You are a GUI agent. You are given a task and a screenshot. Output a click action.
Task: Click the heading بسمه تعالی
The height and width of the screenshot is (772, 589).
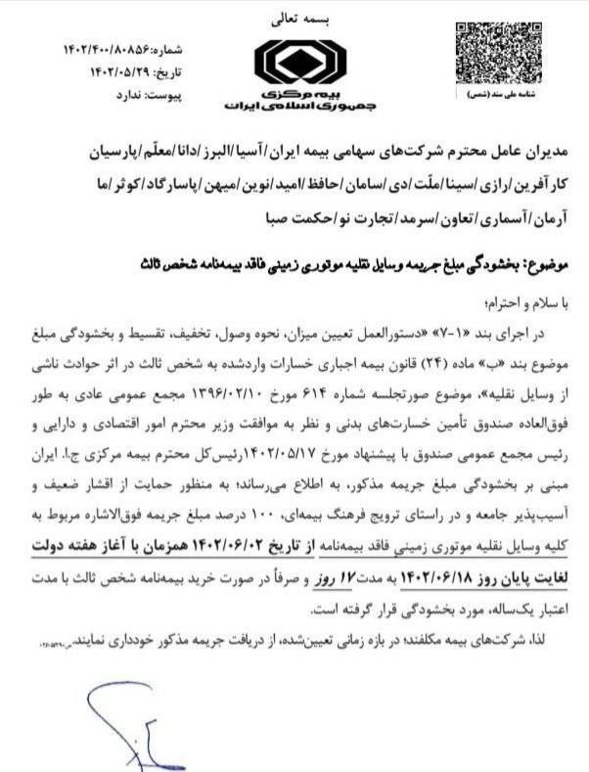click(x=294, y=17)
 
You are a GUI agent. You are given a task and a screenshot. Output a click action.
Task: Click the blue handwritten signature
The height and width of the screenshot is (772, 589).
click(x=122, y=724)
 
